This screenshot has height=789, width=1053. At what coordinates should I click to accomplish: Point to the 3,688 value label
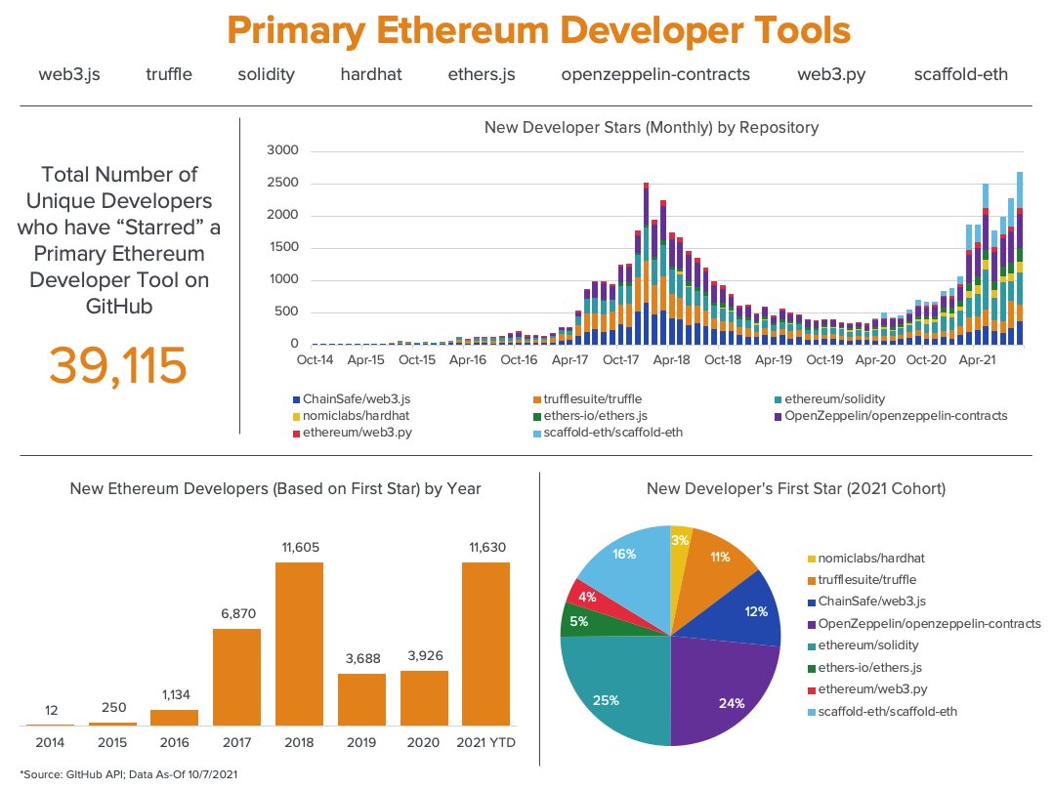click(x=361, y=659)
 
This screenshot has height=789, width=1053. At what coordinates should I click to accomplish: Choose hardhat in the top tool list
click(x=370, y=74)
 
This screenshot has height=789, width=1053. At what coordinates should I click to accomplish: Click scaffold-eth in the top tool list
click(x=960, y=74)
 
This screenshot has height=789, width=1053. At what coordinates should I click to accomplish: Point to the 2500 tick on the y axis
click(x=282, y=184)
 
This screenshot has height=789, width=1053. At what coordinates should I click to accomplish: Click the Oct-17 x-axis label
click(x=620, y=359)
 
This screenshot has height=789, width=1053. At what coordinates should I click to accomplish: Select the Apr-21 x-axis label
click(x=976, y=359)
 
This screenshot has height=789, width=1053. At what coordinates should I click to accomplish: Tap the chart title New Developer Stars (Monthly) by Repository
click(x=651, y=127)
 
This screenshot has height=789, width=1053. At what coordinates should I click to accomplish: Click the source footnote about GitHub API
click(x=128, y=774)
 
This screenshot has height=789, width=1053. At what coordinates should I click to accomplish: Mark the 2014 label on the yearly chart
click(x=50, y=743)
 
